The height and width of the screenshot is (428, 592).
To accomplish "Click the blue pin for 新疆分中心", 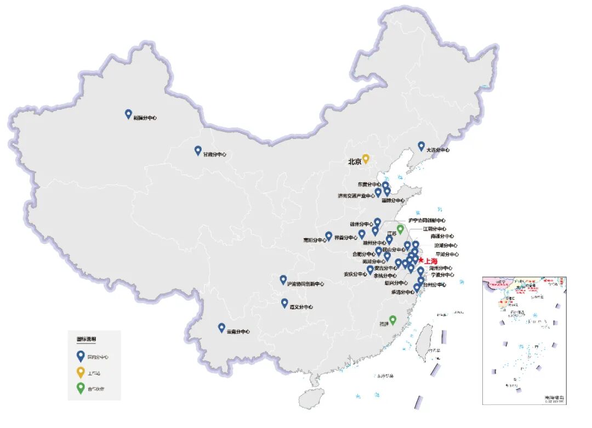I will [128, 114].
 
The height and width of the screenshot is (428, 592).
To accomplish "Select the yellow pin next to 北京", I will [366, 159].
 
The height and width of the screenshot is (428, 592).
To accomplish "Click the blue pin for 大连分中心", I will [421, 146].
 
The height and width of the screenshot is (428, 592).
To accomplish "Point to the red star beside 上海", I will [420, 261].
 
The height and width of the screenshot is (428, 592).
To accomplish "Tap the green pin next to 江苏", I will [400, 229].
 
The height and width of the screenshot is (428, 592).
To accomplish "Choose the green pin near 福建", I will [392, 320].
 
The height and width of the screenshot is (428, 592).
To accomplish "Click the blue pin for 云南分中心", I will [221, 328].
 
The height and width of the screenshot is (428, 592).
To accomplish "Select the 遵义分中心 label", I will [301, 307].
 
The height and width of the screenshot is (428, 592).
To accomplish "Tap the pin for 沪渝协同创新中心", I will [283, 279].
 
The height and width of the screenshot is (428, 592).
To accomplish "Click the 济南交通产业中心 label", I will [356, 195].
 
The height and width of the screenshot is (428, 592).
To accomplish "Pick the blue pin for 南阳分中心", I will [329, 235].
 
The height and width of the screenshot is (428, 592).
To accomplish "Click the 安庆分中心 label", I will [355, 274].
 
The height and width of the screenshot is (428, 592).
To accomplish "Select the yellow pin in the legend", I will [81, 373].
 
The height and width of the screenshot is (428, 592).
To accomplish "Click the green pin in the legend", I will [81, 388].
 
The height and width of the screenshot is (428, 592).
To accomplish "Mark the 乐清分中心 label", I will [403, 292].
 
